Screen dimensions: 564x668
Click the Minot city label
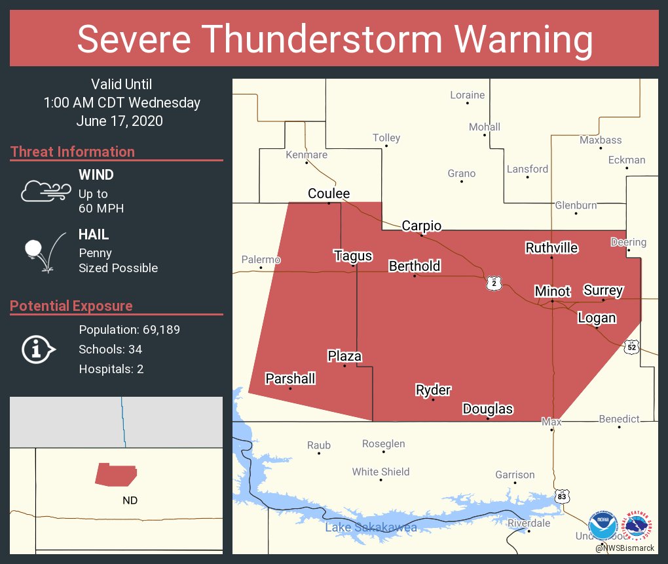552,291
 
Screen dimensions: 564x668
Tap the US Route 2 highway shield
494,283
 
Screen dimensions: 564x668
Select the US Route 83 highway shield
563,497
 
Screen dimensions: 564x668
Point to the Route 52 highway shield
631,347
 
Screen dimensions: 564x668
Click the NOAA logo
603,526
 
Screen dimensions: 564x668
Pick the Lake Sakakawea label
371,527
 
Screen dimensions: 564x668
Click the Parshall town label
290,378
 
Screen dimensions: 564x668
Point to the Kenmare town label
306,155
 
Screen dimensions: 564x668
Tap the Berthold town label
415,266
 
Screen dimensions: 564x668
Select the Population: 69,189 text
129,329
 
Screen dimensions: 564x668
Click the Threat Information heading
73,151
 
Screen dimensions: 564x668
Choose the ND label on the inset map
130,500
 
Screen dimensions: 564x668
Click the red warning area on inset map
115,474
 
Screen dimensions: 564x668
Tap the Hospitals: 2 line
111,369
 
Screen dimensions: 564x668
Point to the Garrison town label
515,474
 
